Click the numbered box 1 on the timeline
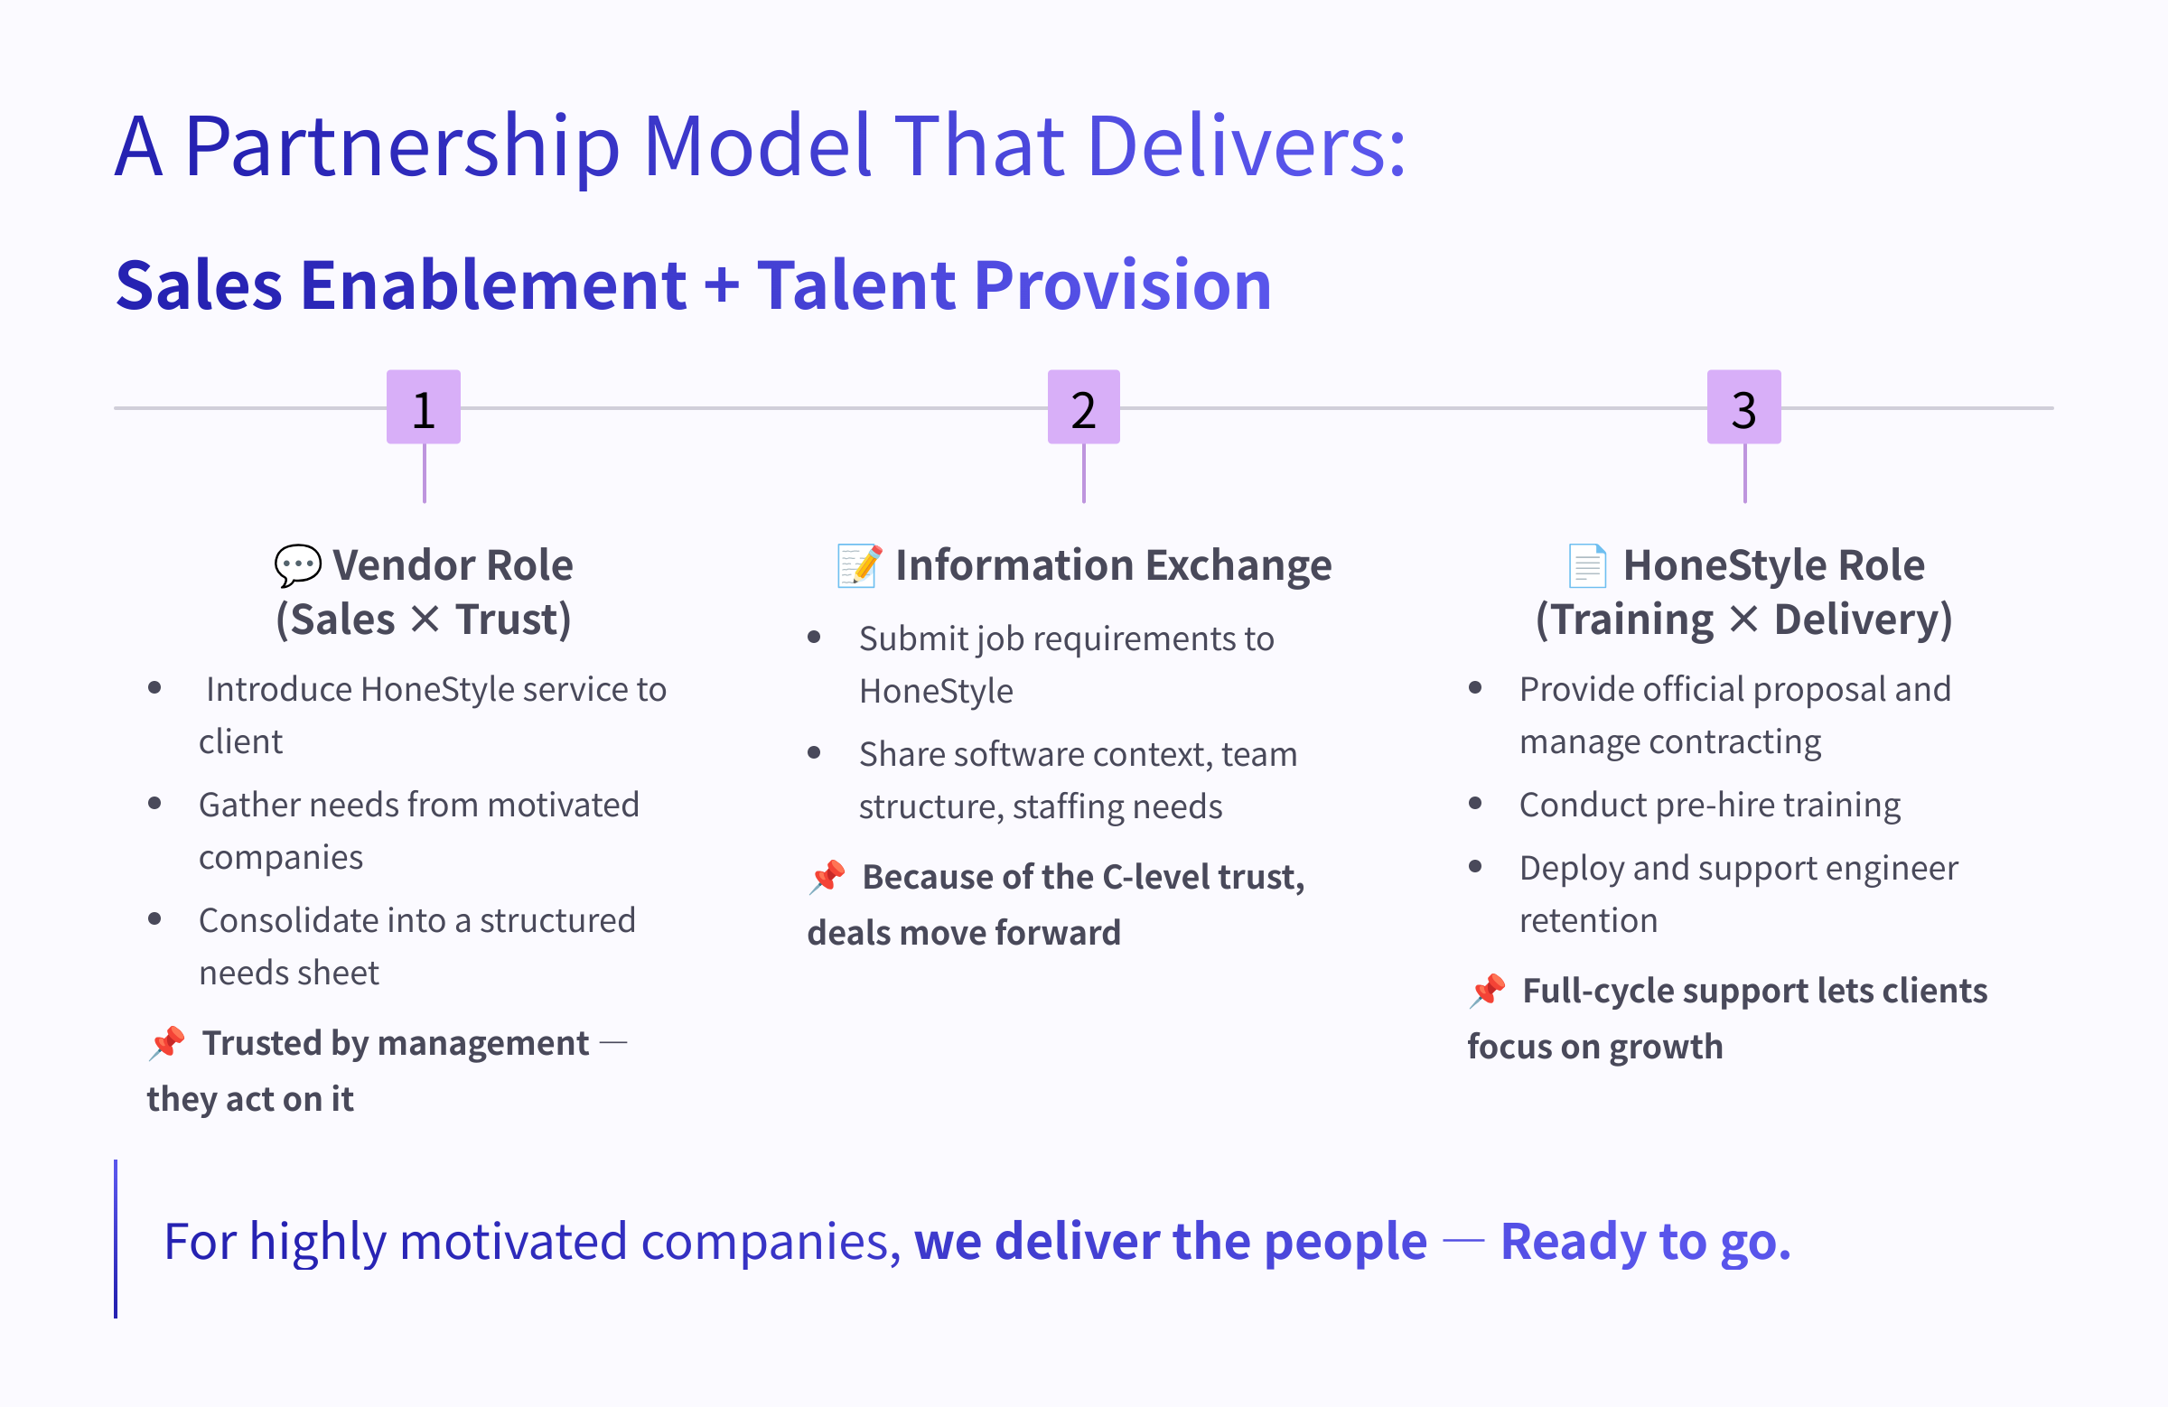pyautogui.click(x=424, y=407)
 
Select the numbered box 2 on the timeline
pyautogui.click(x=1084, y=407)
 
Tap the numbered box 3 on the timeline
pyautogui.click(x=1744, y=407)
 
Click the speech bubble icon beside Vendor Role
pyautogui.click(x=298, y=565)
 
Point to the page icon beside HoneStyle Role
pyautogui.click(x=1588, y=565)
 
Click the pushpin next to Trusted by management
pyautogui.click(x=168, y=1043)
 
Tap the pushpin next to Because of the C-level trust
pyautogui.click(x=828, y=876)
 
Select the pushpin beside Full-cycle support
pyautogui.click(x=1489, y=990)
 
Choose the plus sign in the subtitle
pyautogui.click(x=722, y=284)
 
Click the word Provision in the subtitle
pyautogui.click(x=1123, y=285)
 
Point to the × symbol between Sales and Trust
pyautogui.click(x=425, y=620)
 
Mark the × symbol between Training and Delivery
pyautogui.click(x=1743, y=620)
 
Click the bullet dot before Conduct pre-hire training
pyautogui.click(x=1476, y=803)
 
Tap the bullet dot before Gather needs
pyautogui.click(x=154, y=803)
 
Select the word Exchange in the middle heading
pyautogui.click(x=1238, y=565)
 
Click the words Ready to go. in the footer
pyautogui.click(x=1646, y=1241)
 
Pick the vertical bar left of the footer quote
pyautogui.click(x=116, y=1238)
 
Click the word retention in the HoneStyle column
pyautogui.click(x=1589, y=921)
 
